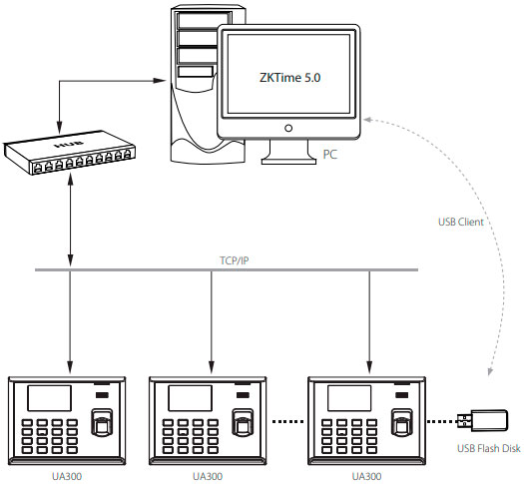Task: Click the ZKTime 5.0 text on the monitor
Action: [x=287, y=75]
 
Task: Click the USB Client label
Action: [x=460, y=222]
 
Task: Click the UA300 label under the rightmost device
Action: [x=365, y=476]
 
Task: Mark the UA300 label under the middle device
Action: [x=207, y=476]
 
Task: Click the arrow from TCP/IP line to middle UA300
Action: [x=211, y=319]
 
